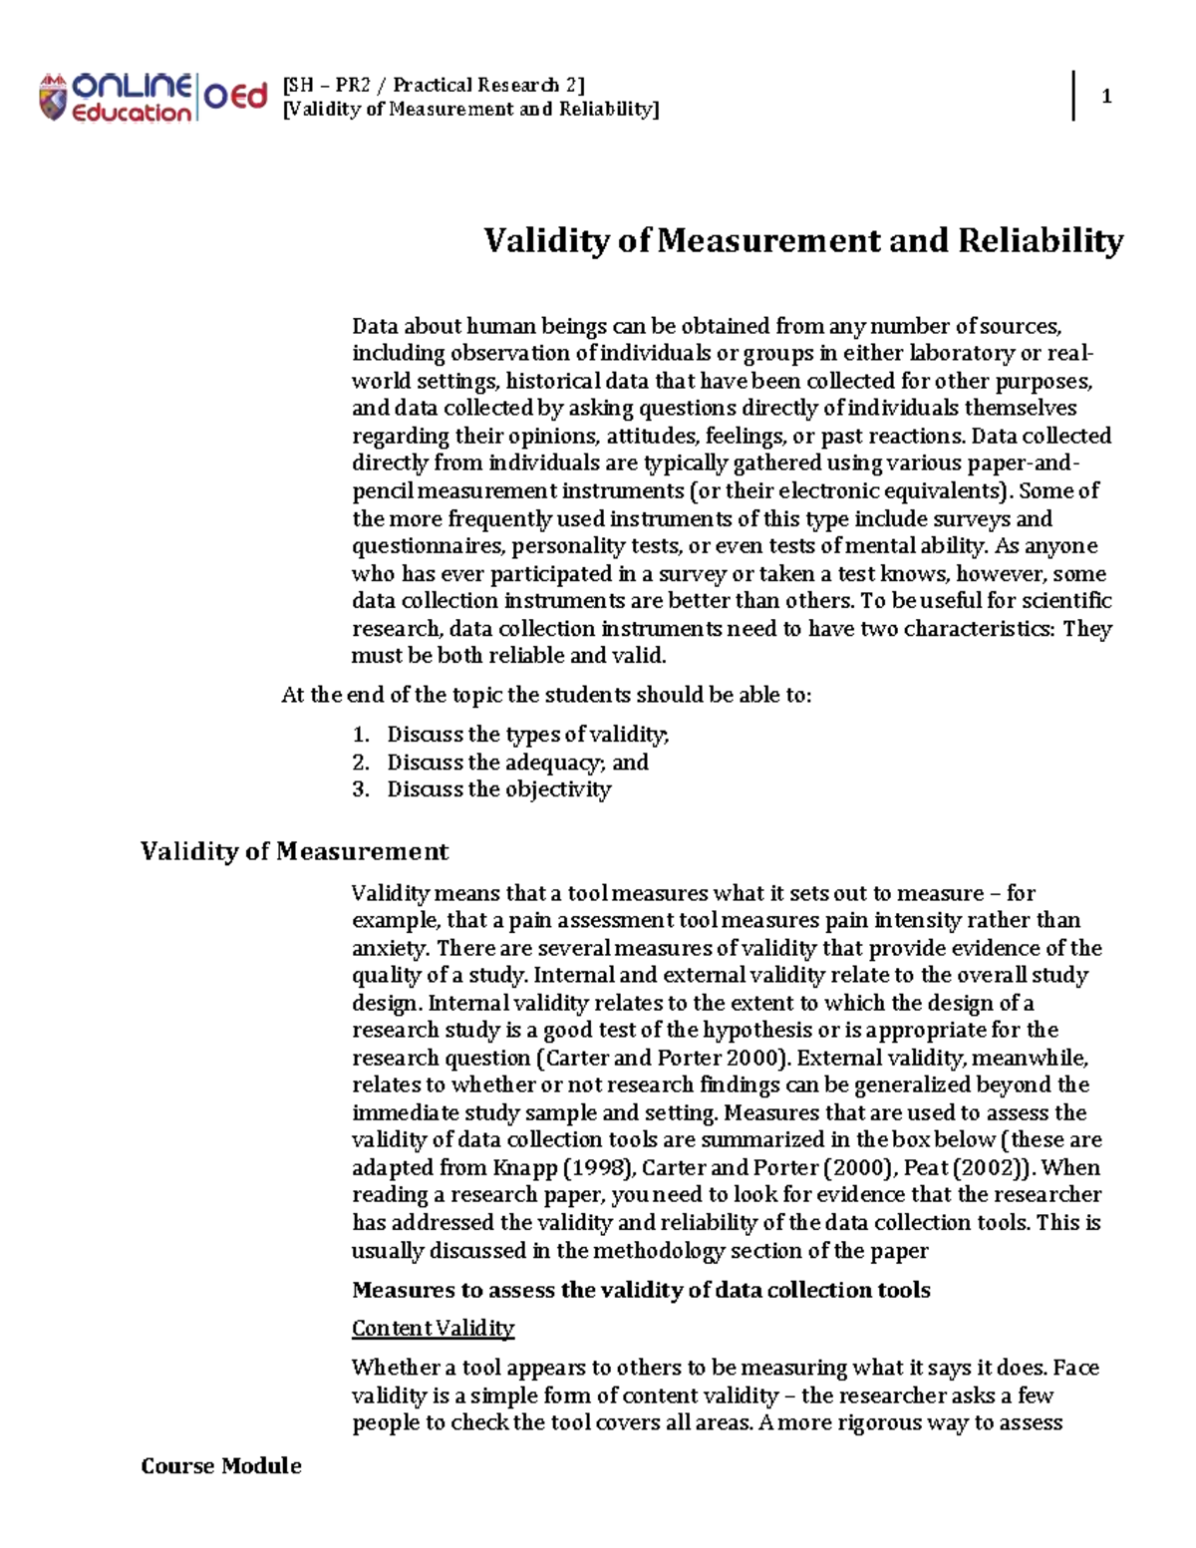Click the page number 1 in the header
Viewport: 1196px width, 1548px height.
[x=1106, y=97]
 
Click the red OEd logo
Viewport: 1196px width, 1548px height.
[x=236, y=96]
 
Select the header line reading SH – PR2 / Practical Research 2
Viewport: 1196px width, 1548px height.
[x=434, y=84]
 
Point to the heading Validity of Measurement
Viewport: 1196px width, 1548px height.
[x=294, y=851]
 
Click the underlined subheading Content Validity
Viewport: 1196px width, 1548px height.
[x=433, y=1328]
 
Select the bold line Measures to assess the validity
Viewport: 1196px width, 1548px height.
[x=641, y=1290]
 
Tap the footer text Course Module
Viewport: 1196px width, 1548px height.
[x=221, y=1465]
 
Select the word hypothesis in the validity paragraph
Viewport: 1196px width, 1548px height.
[x=756, y=1030]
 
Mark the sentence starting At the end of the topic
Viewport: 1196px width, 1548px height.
[x=546, y=695]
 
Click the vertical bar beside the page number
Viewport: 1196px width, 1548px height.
[x=1073, y=96]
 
